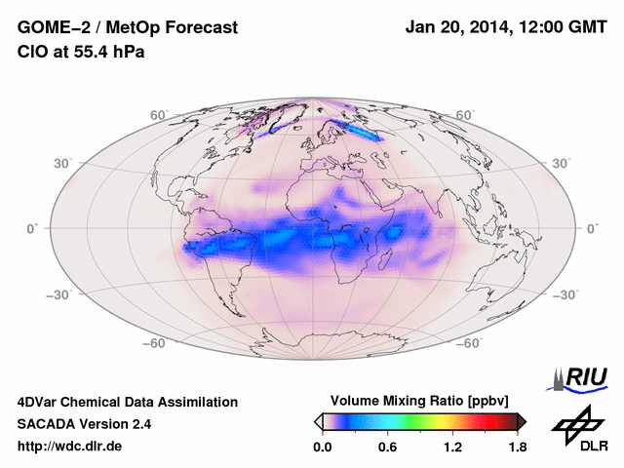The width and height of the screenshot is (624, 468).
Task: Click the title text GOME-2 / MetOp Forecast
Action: click(x=128, y=28)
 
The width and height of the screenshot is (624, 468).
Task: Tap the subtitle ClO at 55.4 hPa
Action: click(x=81, y=52)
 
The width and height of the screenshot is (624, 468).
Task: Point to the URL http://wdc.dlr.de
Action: click(x=70, y=447)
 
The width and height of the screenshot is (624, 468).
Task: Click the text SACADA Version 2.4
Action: click(x=84, y=424)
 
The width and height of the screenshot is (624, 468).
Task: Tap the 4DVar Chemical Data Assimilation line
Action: click(x=127, y=402)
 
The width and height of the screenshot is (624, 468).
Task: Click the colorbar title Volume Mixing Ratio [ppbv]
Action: click(x=420, y=401)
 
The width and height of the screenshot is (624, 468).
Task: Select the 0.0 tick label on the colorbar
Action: click(x=322, y=447)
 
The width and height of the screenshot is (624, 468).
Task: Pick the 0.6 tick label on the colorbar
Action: click(x=387, y=447)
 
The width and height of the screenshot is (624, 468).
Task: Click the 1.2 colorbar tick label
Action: click(x=452, y=447)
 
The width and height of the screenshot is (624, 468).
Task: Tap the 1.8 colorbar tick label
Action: click(x=517, y=447)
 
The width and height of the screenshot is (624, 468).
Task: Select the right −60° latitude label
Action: click(x=472, y=343)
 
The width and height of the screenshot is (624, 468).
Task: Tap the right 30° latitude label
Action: click(x=564, y=163)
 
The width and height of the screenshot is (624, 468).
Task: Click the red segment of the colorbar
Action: click(x=487, y=421)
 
